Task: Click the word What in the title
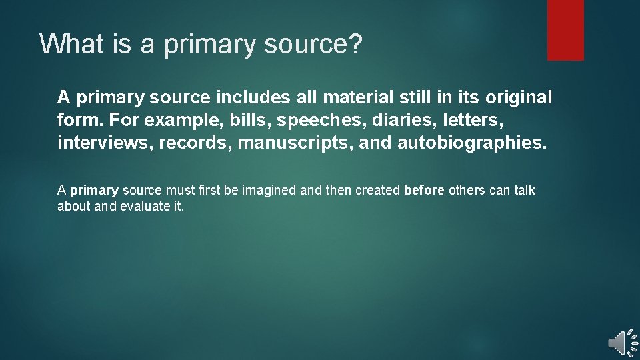pyautogui.click(x=69, y=44)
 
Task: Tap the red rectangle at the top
pyautogui.click(x=565, y=30)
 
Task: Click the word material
pyautogui.click(x=359, y=97)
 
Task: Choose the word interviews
pyautogui.click(x=105, y=143)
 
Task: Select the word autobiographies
pyautogui.click(x=471, y=143)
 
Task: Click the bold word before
pyautogui.click(x=424, y=191)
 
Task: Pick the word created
pyautogui.click(x=378, y=191)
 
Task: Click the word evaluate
pyautogui.click(x=145, y=206)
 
